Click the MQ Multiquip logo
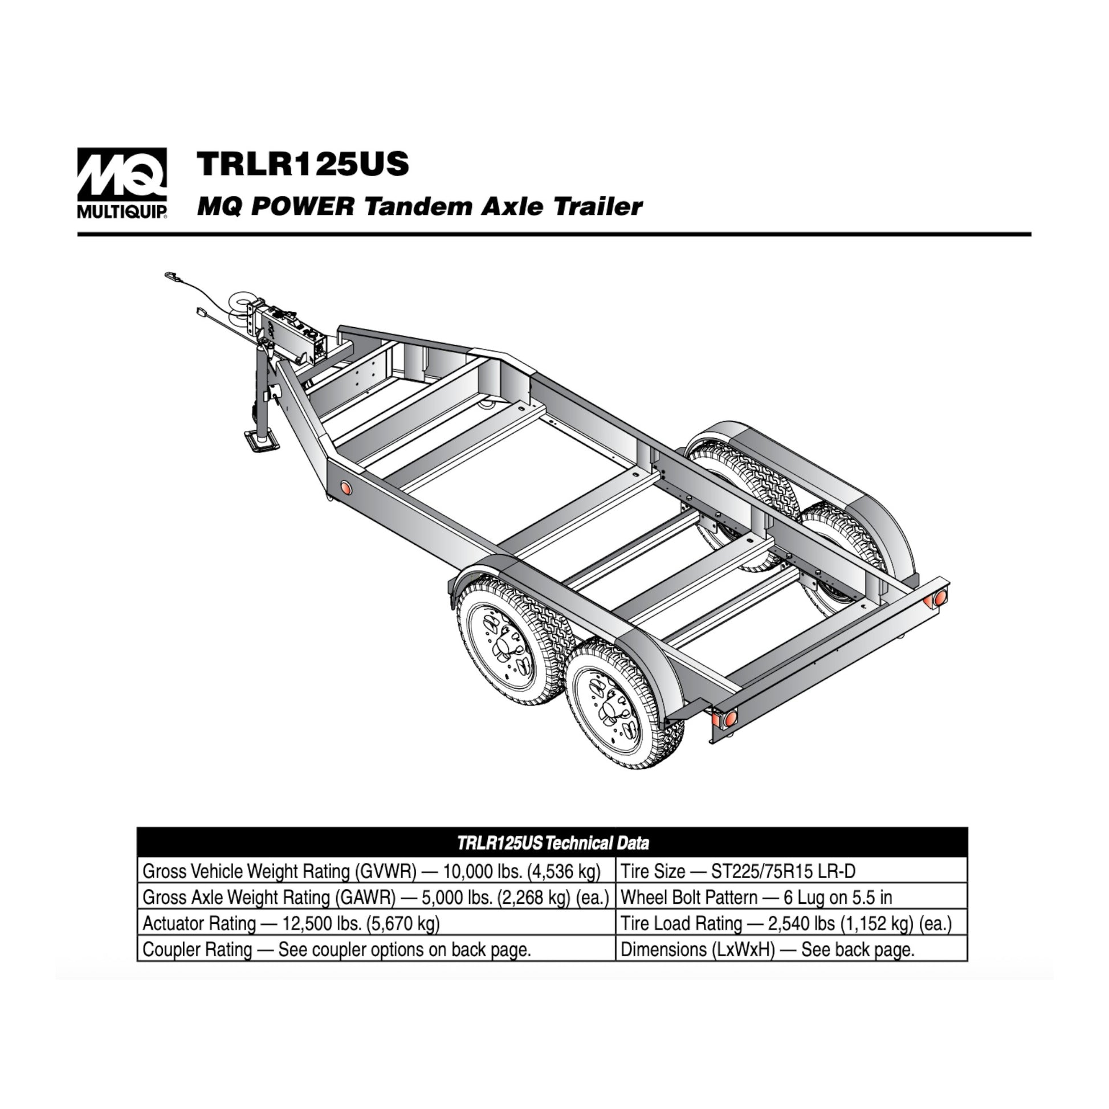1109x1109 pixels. click(123, 183)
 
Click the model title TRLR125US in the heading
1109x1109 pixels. click(303, 164)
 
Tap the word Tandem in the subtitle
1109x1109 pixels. click(418, 206)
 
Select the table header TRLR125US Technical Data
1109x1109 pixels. click(553, 843)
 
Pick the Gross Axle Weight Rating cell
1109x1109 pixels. click(376, 896)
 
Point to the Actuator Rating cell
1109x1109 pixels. click(376, 923)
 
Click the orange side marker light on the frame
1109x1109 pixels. click(345, 487)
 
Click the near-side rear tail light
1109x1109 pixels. click(729, 718)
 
